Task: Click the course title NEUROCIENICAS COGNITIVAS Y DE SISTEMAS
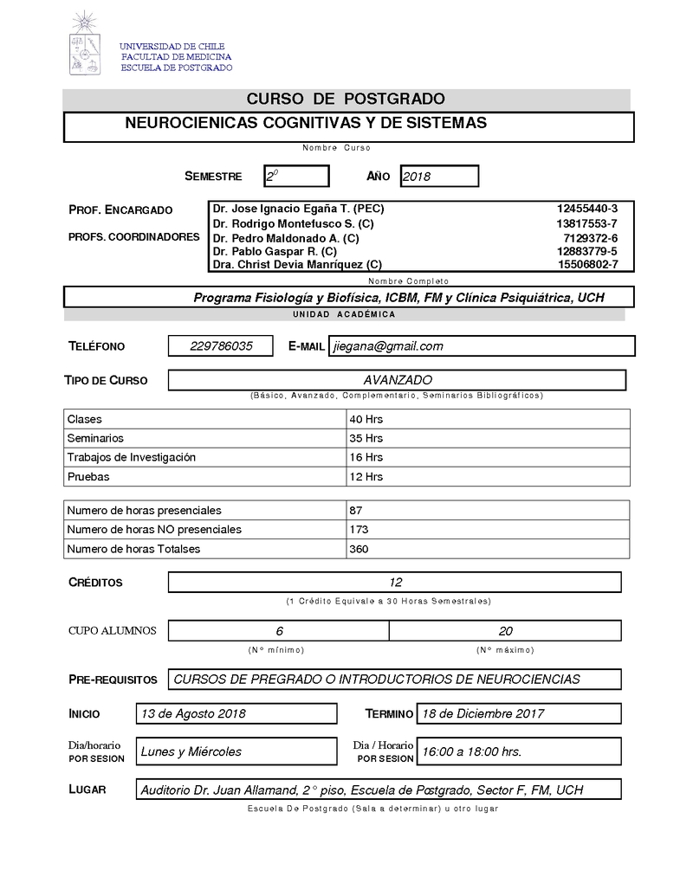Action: pos(305,124)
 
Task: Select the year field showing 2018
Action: pos(438,177)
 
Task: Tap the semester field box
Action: pos(296,177)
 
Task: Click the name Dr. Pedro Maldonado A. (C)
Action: pos(286,238)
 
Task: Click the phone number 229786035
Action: pos(221,346)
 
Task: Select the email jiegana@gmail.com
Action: pos(388,346)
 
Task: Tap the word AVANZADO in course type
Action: pos(398,380)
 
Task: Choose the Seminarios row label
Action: pos(95,439)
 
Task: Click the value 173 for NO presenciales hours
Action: pos(359,530)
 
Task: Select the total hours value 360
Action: pos(359,549)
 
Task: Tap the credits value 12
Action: pos(395,583)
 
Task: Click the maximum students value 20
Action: pos(505,631)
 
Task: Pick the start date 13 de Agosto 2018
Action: pos(193,714)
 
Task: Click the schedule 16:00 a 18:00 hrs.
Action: pos(471,751)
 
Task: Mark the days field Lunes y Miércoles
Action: pos(191,751)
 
